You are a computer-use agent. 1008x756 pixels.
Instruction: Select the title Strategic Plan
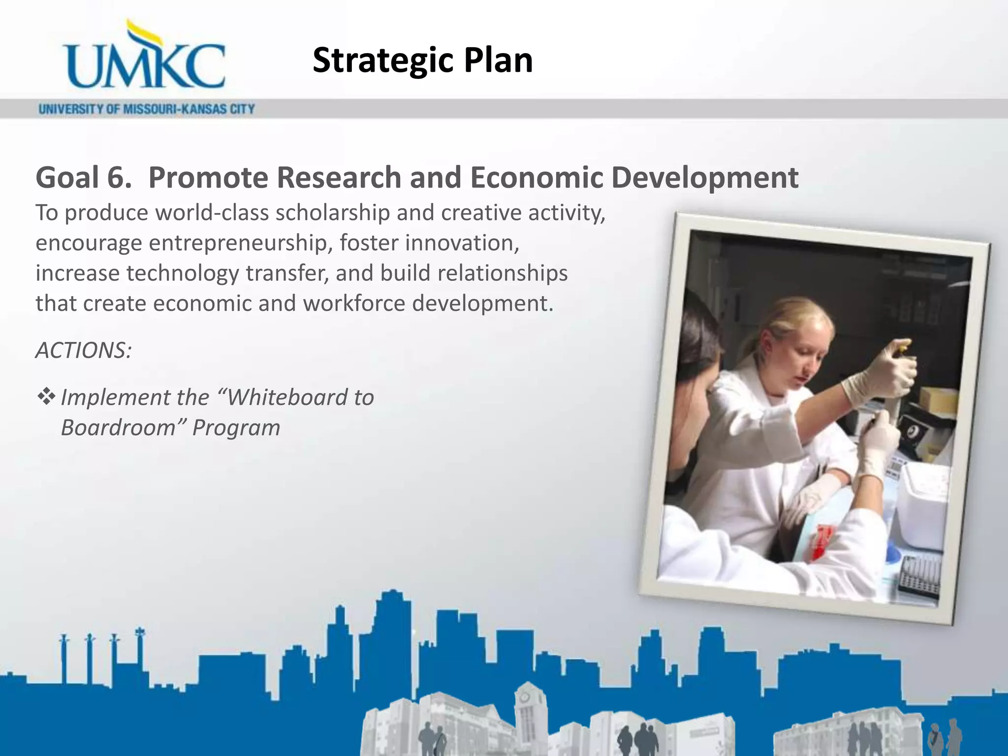422,60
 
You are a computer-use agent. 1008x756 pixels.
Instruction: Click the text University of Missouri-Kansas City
147,109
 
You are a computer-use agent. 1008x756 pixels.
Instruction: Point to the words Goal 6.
84,177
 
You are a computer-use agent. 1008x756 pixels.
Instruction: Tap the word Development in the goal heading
704,177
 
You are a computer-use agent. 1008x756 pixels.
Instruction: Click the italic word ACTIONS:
83,350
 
